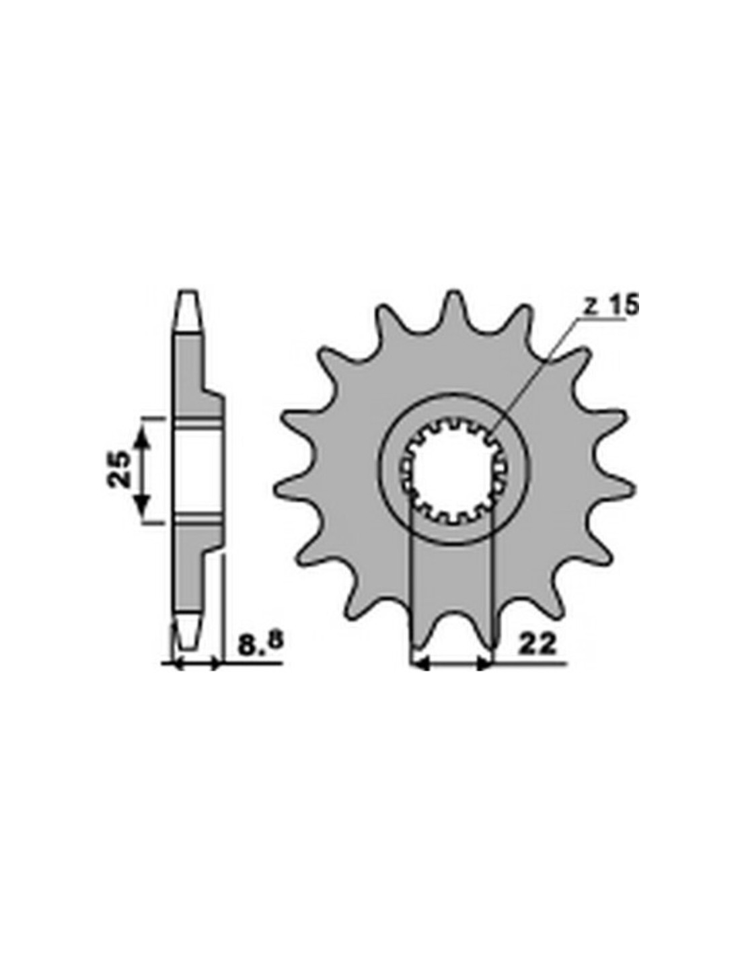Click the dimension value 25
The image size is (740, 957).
120,468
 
